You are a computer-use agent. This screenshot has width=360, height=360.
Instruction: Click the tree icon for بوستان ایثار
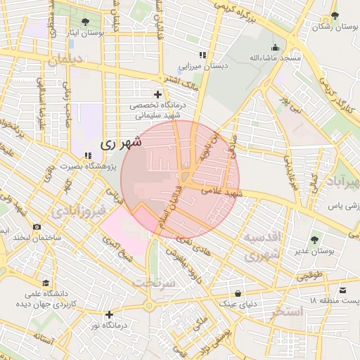[x=86, y=22]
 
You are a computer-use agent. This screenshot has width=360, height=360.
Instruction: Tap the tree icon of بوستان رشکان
[x=335, y=16]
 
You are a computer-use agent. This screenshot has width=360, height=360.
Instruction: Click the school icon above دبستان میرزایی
[x=202, y=55]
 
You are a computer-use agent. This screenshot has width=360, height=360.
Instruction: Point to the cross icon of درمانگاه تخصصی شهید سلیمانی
[x=157, y=94]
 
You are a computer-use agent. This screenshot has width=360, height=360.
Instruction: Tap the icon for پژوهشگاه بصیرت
[x=87, y=155]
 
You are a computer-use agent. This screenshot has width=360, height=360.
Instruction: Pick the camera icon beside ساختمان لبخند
[x=37, y=227]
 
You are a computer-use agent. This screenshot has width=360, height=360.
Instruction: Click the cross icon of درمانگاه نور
[x=108, y=314]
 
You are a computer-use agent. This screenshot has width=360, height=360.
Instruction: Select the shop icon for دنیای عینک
[x=238, y=293]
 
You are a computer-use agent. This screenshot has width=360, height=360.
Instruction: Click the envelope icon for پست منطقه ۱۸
[x=342, y=290]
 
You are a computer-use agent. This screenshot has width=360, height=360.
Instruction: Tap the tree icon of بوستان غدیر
[x=314, y=240]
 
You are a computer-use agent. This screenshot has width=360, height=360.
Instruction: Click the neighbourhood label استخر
[x=285, y=310]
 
